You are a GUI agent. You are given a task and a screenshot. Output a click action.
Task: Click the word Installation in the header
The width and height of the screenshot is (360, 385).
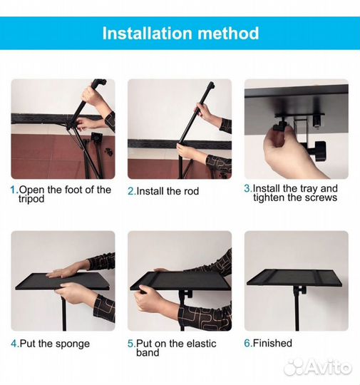[x=147, y=33]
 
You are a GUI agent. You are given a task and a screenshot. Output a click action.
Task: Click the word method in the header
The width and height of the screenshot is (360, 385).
[x=228, y=33]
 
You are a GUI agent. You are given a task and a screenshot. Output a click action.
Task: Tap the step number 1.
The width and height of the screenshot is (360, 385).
[x=14, y=190]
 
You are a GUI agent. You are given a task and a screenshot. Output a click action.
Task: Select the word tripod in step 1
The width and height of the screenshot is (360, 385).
[x=31, y=199]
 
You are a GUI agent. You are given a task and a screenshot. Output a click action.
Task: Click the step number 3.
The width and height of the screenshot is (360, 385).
[x=248, y=188]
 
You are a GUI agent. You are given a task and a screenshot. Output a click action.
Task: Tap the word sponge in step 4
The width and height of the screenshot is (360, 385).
[x=73, y=344]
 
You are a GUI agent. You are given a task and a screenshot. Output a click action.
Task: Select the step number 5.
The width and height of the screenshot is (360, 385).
[x=132, y=344]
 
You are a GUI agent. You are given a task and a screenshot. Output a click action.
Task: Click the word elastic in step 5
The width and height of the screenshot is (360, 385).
[x=201, y=343]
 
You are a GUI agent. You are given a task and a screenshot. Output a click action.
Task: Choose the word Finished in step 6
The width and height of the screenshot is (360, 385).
[x=272, y=343]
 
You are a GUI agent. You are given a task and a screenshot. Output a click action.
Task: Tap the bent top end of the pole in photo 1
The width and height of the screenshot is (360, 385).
[x=100, y=82]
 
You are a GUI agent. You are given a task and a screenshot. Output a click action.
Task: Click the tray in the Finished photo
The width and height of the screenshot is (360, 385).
[x=294, y=278]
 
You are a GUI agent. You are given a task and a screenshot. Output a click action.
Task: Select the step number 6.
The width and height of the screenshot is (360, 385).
[x=248, y=343]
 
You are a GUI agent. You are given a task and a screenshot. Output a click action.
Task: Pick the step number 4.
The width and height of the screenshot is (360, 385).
[x=15, y=344]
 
